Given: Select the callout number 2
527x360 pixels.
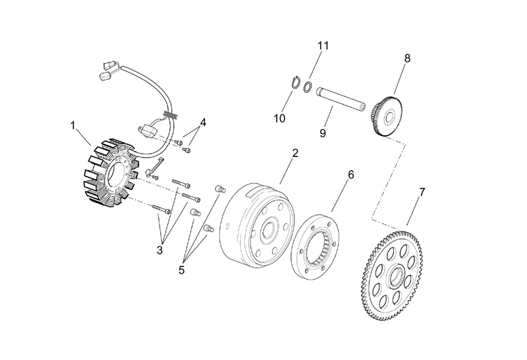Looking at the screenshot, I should [295, 153].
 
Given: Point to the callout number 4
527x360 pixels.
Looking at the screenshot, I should [204, 123].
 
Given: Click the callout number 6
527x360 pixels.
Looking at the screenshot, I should [350, 175].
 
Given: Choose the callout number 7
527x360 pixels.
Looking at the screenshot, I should [422, 192].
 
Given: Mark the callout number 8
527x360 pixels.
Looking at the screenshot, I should [407, 58].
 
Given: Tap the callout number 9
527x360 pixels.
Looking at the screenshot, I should [323, 133].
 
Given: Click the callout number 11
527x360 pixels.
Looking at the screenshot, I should [322, 45].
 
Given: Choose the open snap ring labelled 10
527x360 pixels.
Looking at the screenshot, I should [296, 84].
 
